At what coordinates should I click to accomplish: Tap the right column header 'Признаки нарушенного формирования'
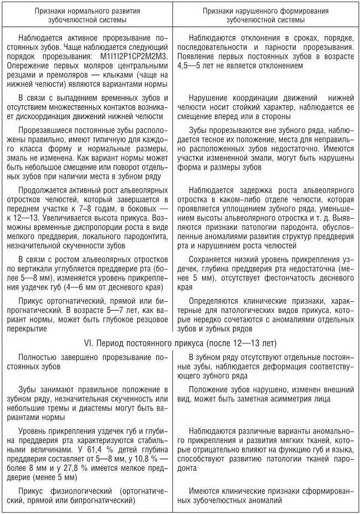pos(265,11)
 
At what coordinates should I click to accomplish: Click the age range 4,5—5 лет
pos(199,65)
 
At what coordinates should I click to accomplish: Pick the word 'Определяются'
pos(213,301)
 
